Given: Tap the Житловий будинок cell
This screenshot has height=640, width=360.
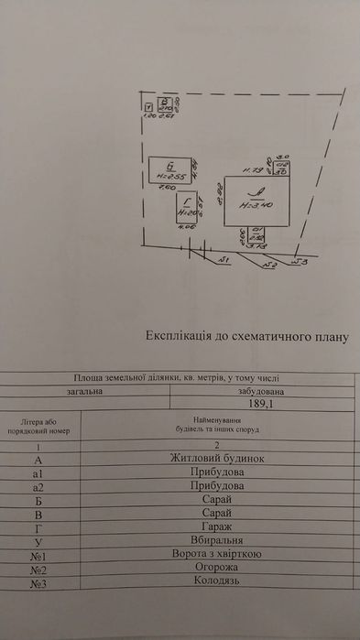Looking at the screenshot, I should tap(217, 457).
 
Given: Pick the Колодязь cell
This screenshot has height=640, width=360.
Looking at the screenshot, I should tap(217, 583).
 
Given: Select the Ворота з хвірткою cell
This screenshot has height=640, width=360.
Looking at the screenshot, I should tap(217, 553).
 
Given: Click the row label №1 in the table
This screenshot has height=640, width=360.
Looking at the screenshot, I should tap(38, 553).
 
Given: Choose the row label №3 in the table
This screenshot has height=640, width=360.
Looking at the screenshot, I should tap(38, 583).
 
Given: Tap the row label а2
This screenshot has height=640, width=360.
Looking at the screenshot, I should tap(38, 486).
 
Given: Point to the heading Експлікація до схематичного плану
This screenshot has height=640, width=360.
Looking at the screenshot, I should tap(248, 336).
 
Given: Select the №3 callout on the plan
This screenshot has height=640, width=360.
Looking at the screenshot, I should tap(300, 262).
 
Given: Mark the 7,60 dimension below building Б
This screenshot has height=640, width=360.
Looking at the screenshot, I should tap(167, 188).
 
